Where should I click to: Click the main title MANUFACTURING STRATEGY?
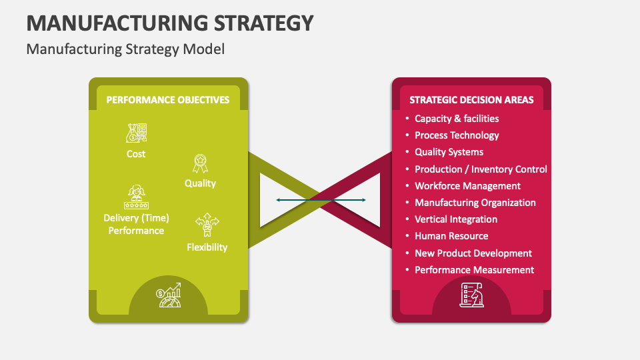pos(170,23)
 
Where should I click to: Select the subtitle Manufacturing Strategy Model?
pos(125,49)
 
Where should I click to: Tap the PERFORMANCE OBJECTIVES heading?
pos(168,100)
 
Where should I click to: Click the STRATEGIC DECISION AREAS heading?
pos(471,100)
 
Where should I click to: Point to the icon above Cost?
pos(136,133)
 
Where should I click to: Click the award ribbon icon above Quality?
pos(200,163)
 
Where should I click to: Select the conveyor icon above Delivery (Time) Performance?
pos(136,197)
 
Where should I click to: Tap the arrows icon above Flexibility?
pos(207,225)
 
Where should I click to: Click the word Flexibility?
pos(207,247)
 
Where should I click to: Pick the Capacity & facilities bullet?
pos(457,119)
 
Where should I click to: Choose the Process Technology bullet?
pos(457,135)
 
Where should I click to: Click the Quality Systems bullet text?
pos(449,152)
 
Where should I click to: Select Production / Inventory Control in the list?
pos(481,169)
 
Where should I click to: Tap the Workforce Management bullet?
pos(467,186)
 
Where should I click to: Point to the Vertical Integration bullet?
pos(456,219)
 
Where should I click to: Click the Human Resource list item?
pos(451,236)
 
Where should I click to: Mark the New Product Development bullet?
pos(473,253)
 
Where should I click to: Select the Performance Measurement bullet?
pos(474,270)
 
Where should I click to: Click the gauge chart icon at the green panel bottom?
pos(169,295)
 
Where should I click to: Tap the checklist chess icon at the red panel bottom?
pos(471,295)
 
